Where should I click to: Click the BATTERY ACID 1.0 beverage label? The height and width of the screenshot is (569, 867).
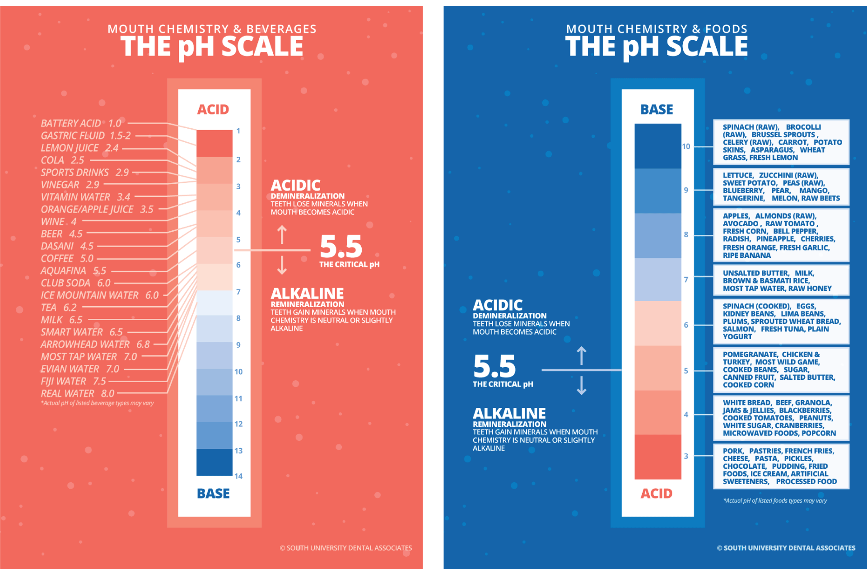coord(81,123)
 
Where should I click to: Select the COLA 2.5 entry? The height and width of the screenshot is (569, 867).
coord(62,160)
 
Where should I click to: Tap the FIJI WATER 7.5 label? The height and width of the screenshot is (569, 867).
coord(73,382)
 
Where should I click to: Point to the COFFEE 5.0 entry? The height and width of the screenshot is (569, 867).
coord(67,259)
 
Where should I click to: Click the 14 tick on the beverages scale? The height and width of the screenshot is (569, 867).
coord(238,476)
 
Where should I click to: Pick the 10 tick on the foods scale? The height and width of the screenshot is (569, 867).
coord(686,146)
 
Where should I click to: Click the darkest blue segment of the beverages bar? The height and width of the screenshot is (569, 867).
coord(214,462)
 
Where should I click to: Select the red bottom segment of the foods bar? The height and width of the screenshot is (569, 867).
coord(657,457)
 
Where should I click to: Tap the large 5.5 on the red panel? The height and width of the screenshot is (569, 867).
coord(341,247)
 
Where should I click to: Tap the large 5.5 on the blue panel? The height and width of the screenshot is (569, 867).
coord(494,366)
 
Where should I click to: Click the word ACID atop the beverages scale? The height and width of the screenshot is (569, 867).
coord(213,109)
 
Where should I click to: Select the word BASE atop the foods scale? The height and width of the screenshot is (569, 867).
coord(657,109)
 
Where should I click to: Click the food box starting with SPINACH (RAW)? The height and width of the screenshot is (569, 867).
coord(781,142)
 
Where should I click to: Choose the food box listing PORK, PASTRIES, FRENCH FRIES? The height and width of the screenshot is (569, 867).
coord(781,466)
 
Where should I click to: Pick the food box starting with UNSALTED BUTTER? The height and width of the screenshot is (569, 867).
coord(781,280)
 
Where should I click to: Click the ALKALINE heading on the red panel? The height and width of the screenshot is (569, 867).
coord(307,294)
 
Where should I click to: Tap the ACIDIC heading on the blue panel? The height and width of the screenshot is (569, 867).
coord(498,305)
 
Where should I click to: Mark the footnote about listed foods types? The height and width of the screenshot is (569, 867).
coord(775,500)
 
